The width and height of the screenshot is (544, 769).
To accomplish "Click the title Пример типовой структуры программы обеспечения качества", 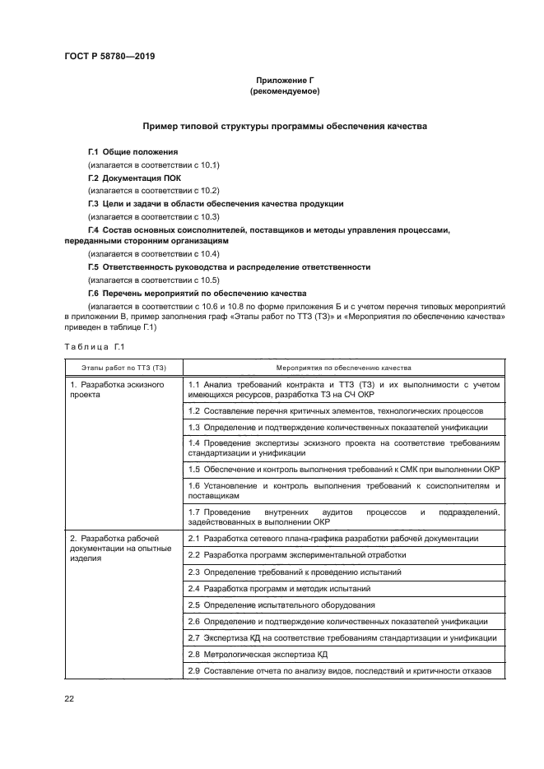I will (284, 127).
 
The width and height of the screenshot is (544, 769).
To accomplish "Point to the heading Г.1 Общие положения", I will (133, 152).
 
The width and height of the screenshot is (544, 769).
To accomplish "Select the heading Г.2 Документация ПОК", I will (135, 178).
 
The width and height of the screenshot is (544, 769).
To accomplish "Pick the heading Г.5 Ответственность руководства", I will (229, 267).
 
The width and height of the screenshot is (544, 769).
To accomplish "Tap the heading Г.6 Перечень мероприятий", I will (198, 293).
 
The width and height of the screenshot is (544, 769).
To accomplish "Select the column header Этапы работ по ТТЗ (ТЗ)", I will (123, 368).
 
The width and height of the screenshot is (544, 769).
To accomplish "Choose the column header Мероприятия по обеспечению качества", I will (343, 368).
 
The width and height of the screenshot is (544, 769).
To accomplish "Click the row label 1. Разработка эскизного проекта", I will (116, 390).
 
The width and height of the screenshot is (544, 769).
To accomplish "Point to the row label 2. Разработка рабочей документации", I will (120, 548).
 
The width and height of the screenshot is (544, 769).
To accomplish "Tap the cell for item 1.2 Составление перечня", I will (335, 410).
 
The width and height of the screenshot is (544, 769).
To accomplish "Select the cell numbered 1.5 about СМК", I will (343, 469).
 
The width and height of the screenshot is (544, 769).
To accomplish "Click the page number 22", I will (69, 699).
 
